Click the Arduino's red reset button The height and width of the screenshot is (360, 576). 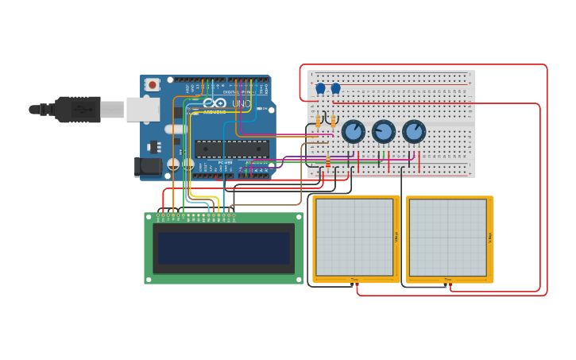tap(152, 84)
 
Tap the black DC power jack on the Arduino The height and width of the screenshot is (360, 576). tap(148, 166)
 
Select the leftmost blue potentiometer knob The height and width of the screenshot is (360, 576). tap(353, 131)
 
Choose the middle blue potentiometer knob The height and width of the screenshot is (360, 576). tap(384, 131)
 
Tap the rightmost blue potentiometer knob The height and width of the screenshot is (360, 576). tap(414, 131)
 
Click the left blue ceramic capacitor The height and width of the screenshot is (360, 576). tap(321, 89)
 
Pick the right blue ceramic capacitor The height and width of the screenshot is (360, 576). tap(335, 89)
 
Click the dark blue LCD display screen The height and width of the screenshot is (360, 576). tap(223, 248)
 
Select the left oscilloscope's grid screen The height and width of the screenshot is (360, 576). tap(354, 237)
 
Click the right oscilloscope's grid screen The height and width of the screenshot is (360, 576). tap(447, 238)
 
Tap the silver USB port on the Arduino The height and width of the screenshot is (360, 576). tap(142, 110)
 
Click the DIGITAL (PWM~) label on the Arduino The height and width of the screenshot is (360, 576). tap(238, 92)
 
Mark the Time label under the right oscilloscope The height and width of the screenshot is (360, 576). tap(448, 280)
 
